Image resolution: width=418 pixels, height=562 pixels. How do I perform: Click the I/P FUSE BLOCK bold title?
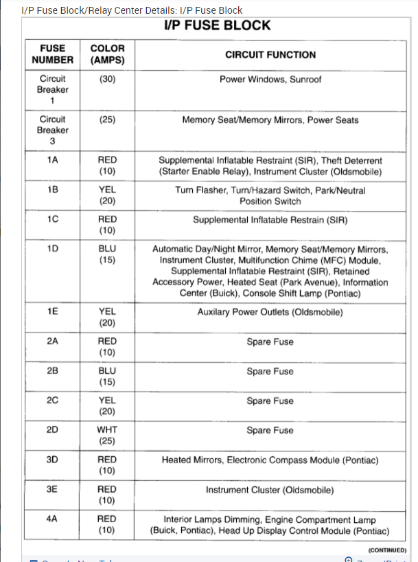pos(218,25)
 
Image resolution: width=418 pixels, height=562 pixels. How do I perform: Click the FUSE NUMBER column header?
pos(52,54)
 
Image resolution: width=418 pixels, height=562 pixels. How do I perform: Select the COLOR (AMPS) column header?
pos(107,54)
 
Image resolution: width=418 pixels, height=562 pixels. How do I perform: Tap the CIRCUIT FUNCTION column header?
pos(270,54)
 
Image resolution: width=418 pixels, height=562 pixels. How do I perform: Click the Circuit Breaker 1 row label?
pos(52,89)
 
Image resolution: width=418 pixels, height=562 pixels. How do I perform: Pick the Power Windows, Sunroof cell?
pos(270,80)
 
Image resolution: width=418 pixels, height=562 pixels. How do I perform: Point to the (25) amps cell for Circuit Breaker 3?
pos(107,120)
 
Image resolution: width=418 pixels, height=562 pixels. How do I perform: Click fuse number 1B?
pos(52,190)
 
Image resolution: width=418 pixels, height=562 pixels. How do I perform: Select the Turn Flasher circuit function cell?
pos(270,196)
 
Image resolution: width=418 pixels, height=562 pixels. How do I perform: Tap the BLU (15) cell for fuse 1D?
pos(107,254)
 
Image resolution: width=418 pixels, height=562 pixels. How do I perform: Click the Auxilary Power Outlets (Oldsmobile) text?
pos(270,312)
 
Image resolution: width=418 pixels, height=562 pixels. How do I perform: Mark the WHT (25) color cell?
pos(107,436)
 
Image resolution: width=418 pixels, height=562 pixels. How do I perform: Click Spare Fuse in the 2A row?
pos(270,341)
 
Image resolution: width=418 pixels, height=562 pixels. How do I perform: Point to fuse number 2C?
pos(52,401)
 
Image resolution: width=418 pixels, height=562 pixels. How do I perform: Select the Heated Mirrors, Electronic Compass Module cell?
pos(270,460)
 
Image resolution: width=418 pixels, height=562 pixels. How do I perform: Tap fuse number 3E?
pos(52,489)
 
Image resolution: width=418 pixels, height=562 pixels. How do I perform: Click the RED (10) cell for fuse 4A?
pos(107,525)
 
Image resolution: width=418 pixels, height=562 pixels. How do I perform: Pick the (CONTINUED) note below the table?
pos(387,550)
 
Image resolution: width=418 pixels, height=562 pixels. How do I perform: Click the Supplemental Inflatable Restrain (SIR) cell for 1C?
pos(270,220)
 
